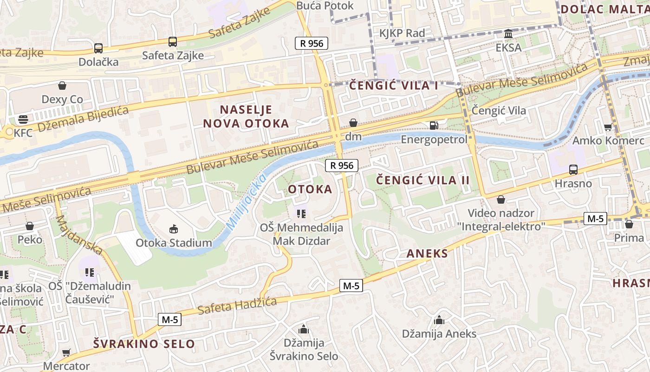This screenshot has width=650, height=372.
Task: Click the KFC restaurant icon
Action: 23,119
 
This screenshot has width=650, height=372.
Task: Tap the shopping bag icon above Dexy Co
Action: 62,86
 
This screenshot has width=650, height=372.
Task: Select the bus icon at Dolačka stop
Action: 98,48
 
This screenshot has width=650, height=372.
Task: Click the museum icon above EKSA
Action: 508,34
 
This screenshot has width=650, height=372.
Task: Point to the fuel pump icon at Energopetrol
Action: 434,125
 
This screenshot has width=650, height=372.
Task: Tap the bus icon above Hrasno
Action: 573,170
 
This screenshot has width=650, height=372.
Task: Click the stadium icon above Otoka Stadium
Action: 174,229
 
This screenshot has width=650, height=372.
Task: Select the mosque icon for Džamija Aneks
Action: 439,320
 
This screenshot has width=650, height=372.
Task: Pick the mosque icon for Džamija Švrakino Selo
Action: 304,329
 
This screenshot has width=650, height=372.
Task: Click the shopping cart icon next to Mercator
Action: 66,352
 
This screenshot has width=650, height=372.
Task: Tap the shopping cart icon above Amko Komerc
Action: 608,127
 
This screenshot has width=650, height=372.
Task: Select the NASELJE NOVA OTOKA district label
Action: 246,116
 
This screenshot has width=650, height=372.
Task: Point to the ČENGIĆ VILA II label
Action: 422,180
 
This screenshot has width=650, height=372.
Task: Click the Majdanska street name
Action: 78,235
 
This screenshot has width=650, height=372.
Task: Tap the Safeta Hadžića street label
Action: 237,306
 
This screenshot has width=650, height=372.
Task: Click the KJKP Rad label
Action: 402,33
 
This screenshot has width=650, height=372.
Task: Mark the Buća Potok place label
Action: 325,6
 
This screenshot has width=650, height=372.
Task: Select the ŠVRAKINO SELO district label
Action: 144,344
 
